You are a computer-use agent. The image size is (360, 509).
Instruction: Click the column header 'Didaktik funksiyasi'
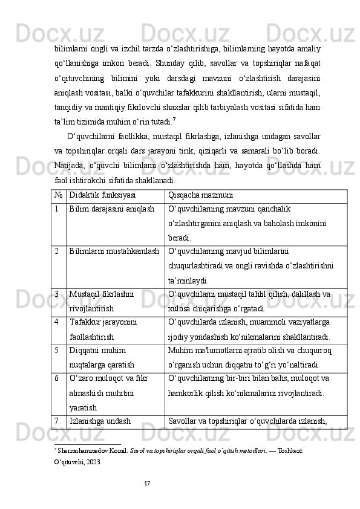102,196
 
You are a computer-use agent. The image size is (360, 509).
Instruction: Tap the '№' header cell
56,196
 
